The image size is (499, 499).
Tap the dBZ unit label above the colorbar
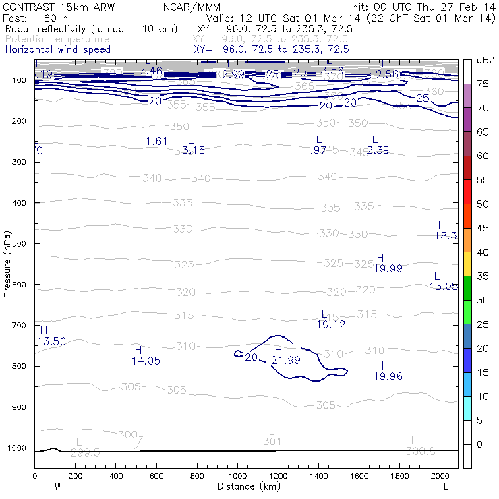[486, 61]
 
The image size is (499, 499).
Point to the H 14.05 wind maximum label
[146, 355]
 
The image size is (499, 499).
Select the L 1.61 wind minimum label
[156, 136]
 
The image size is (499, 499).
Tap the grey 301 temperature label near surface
[272, 436]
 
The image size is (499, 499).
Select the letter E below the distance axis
[446, 486]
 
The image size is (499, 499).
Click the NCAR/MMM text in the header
[192, 7]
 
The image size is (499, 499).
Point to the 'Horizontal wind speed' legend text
[58, 49]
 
